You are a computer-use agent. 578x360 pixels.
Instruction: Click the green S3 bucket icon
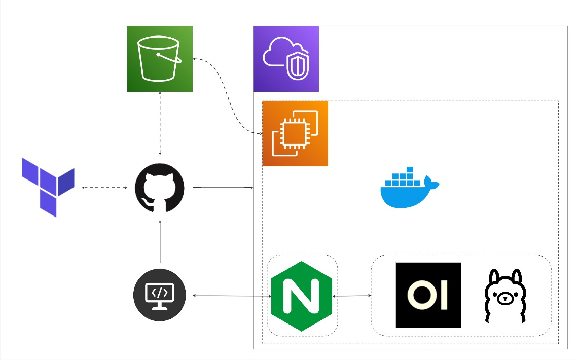coord(160,59)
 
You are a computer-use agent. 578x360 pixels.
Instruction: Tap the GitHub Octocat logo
coord(160,188)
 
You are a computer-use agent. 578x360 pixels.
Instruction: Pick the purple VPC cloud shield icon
coord(286,59)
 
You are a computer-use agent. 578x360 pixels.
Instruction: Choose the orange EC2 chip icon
coord(295,134)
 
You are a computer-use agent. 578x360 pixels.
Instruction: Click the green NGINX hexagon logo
coord(302,296)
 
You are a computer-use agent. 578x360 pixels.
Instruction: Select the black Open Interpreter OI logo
coord(428,295)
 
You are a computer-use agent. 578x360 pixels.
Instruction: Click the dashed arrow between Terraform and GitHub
coord(104,188)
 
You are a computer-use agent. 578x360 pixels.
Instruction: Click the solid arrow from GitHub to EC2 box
coord(223,188)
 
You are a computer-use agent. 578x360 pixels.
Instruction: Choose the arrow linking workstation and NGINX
coord(228,296)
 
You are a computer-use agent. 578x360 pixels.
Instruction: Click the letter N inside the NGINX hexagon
coord(302,297)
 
